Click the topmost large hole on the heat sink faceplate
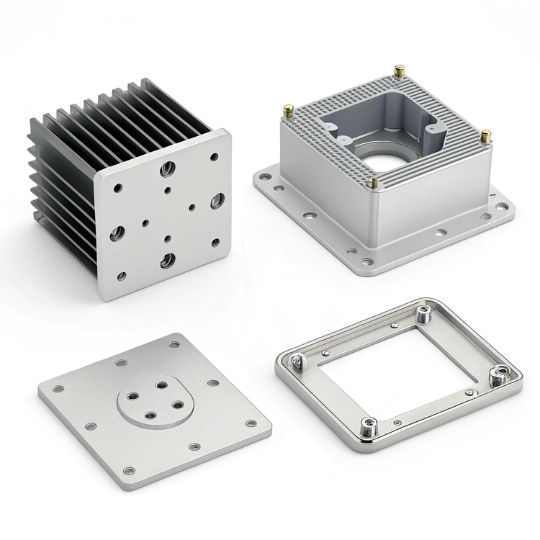(x=167, y=168)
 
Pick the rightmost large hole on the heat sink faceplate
(x=217, y=201)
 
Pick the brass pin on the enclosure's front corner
(x=374, y=182)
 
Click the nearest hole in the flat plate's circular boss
(x=149, y=414)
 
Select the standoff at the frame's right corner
(x=498, y=375)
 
